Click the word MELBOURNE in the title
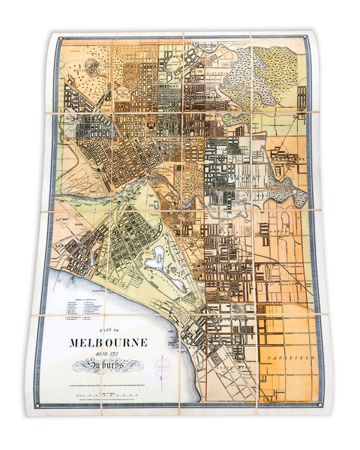click(x=108, y=342)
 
